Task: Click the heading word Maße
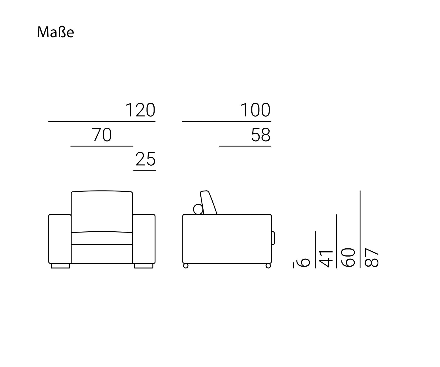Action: (55, 32)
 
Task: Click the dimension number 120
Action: (140, 110)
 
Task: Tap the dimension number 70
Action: (101, 135)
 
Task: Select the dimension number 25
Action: (145, 159)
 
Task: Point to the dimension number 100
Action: (255, 110)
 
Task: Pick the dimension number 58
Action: (260, 135)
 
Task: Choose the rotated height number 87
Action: (372, 257)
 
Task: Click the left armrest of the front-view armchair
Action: (60, 239)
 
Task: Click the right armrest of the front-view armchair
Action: (144, 239)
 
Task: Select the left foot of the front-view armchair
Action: (60, 266)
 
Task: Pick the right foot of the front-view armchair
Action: (144, 266)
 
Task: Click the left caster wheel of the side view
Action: (185, 266)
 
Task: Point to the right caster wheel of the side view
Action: (268, 266)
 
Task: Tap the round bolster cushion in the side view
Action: (198, 209)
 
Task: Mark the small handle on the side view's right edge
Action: (273, 238)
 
